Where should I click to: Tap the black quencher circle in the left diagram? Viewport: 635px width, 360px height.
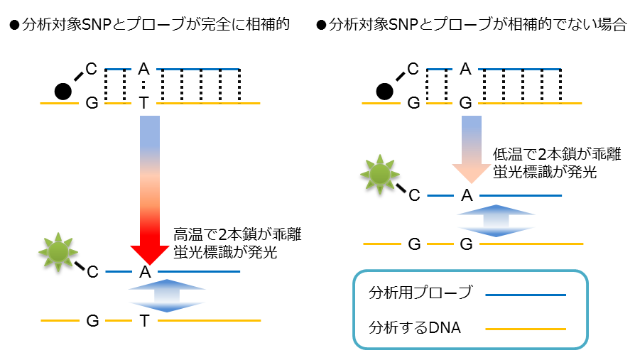click(63, 91)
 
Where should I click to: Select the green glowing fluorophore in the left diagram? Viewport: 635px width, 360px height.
click(58, 250)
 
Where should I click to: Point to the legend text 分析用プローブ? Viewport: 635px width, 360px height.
click(420, 293)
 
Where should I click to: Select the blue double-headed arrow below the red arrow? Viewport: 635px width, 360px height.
click(166, 295)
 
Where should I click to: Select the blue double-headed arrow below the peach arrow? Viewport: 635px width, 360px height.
click(496, 221)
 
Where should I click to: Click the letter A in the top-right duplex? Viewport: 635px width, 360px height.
click(465, 70)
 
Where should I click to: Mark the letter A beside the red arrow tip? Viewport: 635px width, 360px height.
click(145, 271)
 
